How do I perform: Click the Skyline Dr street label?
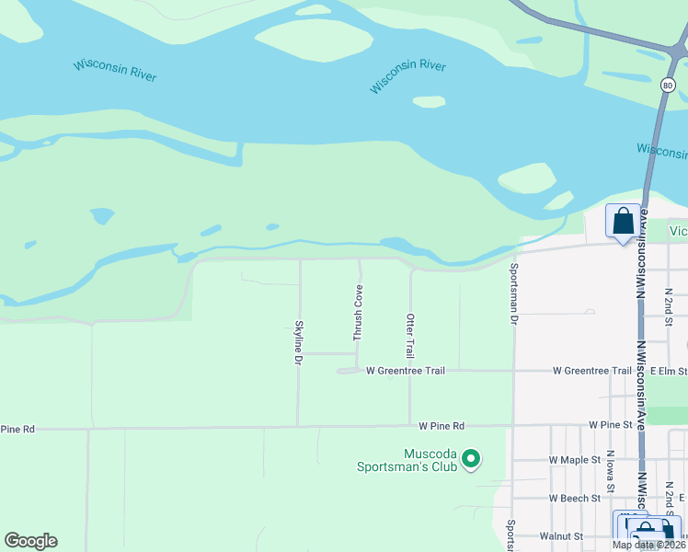tap(298, 339)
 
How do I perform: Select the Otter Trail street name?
tap(410, 335)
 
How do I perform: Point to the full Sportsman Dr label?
tap(513, 293)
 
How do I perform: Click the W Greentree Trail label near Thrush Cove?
tap(405, 371)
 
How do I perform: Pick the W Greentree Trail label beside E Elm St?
tap(591, 371)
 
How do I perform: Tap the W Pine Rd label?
tap(441, 426)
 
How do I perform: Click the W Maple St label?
tap(574, 459)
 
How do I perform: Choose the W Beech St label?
tap(575, 499)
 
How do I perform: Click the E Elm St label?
tap(669, 371)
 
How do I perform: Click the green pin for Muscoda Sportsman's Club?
tap(471, 457)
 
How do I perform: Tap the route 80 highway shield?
tap(668, 86)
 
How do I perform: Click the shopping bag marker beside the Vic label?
tap(623, 222)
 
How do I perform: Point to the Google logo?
tap(30, 541)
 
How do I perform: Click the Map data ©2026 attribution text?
tap(647, 545)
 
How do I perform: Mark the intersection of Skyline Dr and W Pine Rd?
tap(298, 427)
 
